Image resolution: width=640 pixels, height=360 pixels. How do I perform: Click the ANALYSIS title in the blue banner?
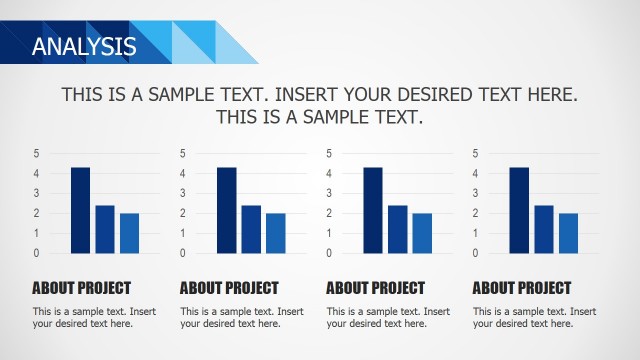tap(84, 45)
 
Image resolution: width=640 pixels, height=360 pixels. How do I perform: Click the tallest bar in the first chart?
tap(80, 210)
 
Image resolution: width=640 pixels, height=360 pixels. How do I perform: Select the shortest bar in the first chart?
tap(129, 233)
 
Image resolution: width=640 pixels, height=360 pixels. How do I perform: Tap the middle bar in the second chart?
tap(251, 229)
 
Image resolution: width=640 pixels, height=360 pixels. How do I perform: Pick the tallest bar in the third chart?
tap(373, 210)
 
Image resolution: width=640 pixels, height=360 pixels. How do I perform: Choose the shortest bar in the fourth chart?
tap(568, 233)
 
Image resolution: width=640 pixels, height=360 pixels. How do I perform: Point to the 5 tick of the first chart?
tap(36, 153)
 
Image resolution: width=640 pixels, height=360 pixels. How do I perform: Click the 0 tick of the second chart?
tap(183, 253)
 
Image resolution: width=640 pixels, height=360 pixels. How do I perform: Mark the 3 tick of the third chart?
tap(329, 193)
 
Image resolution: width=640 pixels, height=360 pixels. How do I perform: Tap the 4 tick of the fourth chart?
tap(475, 173)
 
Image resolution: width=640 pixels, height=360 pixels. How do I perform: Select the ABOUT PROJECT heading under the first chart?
tap(81, 288)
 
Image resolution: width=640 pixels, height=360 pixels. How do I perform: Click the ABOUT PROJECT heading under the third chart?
tap(375, 288)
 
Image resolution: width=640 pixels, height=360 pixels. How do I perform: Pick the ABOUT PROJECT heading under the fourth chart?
tap(522, 288)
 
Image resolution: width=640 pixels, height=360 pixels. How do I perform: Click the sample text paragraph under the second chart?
tap(241, 317)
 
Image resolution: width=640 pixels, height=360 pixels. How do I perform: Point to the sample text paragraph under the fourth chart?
tap(534, 317)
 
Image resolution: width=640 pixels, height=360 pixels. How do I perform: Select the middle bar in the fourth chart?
tap(544, 229)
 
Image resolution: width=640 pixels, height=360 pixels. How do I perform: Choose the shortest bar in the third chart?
tap(422, 233)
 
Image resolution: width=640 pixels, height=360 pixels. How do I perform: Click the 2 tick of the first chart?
tap(36, 213)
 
